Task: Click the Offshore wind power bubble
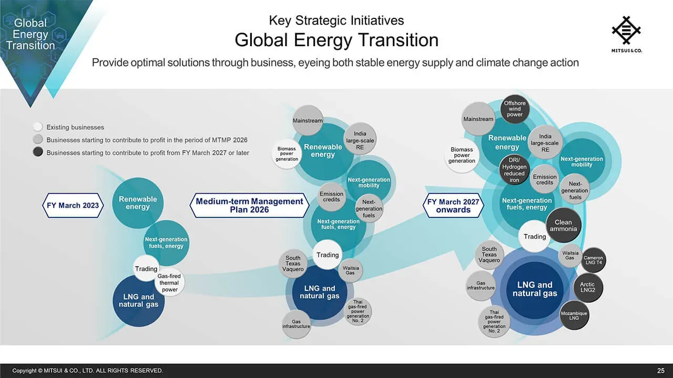click(515, 109)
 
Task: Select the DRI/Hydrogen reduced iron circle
click(514, 170)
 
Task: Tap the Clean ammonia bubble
click(563, 225)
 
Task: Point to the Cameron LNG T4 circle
click(593, 260)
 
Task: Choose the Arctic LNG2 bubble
click(588, 287)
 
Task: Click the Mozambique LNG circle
click(574, 316)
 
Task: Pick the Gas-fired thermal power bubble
click(169, 282)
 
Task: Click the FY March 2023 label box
click(73, 205)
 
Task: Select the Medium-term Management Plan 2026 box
click(249, 205)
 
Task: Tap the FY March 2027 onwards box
click(453, 205)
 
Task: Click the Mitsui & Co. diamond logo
click(626, 30)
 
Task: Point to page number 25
click(661, 371)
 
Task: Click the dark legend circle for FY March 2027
click(38, 152)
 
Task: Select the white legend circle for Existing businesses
click(38, 127)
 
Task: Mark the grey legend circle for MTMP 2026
click(38, 140)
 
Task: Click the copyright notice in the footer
click(87, 371)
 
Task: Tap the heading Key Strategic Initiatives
click(336, 20)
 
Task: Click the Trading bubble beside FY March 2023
click(146, 268)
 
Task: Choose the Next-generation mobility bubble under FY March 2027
click(582, 161)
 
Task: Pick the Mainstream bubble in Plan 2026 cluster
click(308, 120)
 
